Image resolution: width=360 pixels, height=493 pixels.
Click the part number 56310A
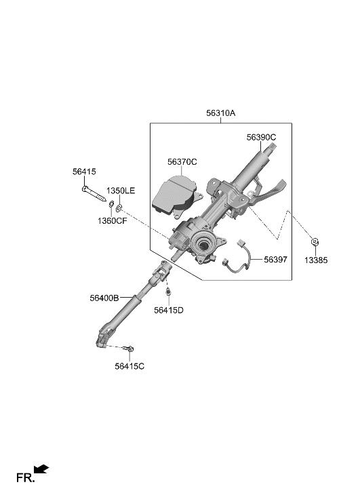221,113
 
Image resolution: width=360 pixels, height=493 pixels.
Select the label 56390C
261,137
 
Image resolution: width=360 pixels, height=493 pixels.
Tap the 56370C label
182,161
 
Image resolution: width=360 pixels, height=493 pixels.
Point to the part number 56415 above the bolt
84,172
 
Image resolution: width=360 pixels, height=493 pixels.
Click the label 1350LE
121,191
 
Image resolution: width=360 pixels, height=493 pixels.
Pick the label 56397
276,259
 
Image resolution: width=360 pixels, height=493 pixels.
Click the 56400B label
104,297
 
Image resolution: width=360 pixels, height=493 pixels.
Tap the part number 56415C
129,366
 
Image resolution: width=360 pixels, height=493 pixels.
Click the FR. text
25,477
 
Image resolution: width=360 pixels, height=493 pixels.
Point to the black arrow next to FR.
41,468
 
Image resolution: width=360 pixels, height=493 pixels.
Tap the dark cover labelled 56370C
174,196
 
